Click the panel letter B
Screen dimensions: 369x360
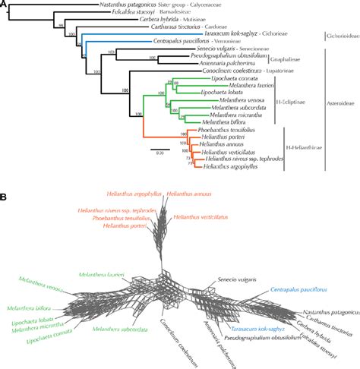(6, 196)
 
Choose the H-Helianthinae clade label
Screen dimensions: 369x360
(305, 158)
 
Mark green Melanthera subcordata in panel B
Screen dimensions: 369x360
(115, 329)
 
